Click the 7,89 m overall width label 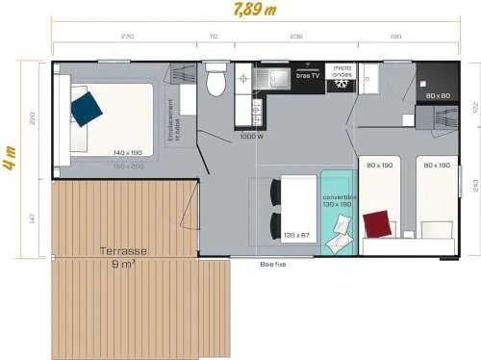238,11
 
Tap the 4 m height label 10,158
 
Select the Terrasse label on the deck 123,251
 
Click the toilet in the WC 216,84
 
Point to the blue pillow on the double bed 87,107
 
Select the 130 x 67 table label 297,235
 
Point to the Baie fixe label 272,263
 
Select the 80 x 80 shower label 438,96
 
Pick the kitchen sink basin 279,78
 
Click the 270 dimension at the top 126,38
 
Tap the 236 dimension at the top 296,38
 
